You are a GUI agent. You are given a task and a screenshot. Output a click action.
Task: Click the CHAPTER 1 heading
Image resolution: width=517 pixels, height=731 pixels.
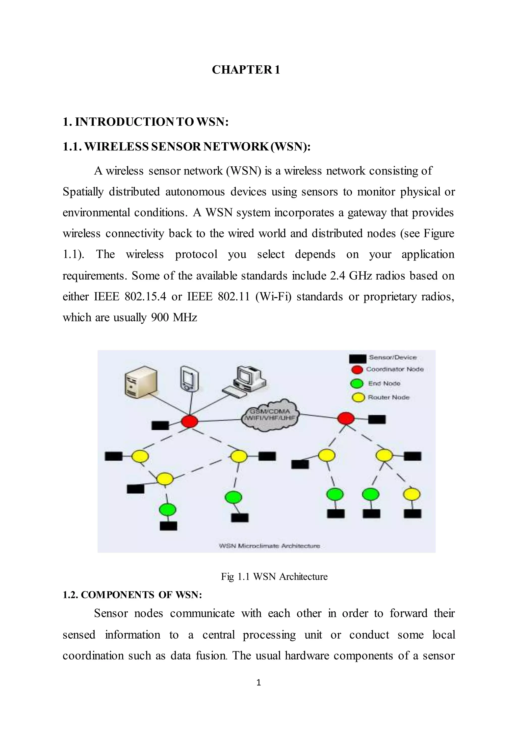click(246, 70)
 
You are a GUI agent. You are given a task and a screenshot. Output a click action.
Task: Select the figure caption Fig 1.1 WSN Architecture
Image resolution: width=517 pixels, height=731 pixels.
click(274, 577)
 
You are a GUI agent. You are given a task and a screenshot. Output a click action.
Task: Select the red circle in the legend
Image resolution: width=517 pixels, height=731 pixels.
click(357, 370)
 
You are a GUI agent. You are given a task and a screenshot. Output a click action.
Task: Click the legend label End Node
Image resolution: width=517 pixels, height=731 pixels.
click(384, 383)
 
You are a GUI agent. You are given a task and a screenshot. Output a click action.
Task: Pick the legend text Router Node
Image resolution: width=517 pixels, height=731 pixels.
click(389, 397)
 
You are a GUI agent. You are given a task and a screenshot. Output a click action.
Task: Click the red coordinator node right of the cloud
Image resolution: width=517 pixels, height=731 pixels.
click(346, 418)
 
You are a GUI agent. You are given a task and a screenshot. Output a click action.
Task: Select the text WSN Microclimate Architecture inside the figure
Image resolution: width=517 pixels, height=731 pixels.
click(270, 546)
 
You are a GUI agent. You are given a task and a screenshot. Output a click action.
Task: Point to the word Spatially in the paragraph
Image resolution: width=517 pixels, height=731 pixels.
click(83, 192)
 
